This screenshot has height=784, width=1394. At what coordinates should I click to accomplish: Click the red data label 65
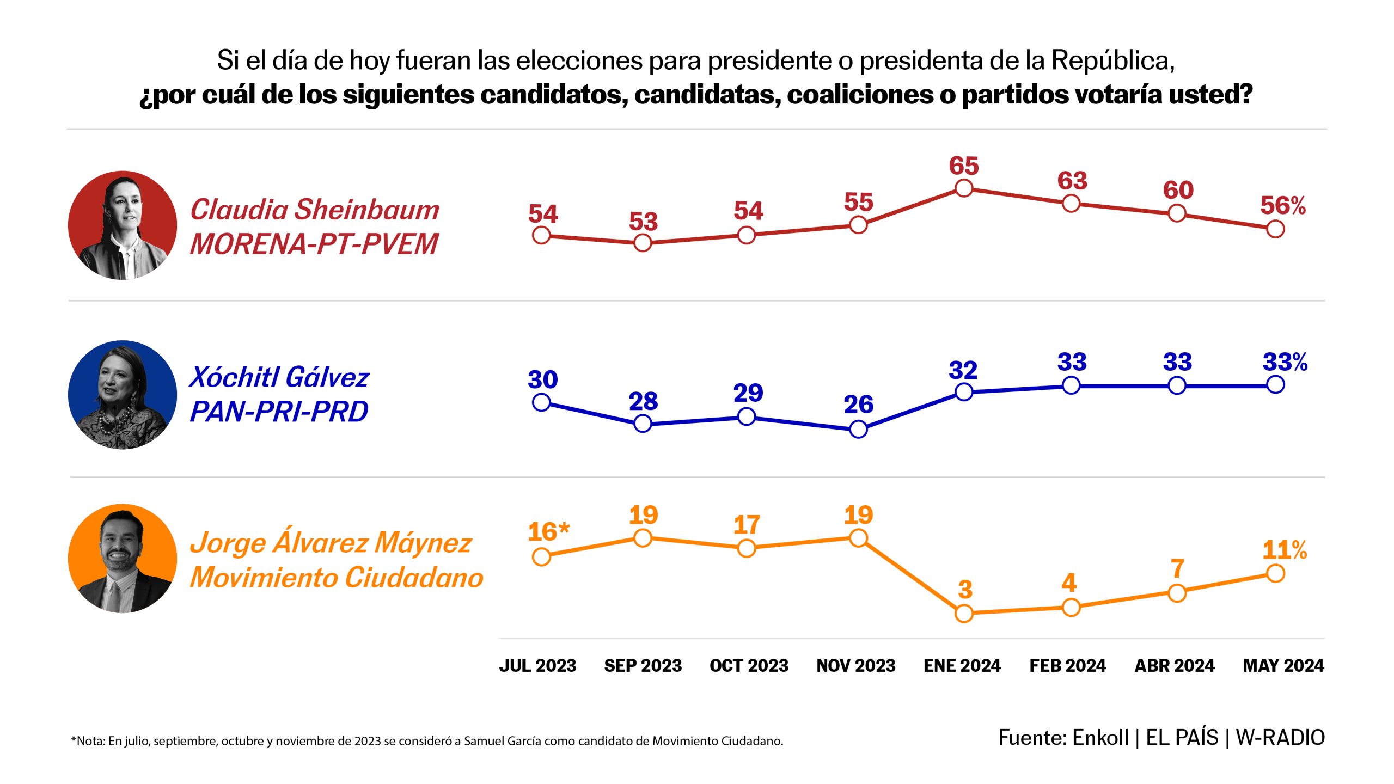963,166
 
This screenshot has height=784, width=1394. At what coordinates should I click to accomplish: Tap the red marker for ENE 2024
964,188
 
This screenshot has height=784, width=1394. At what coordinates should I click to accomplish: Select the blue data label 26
858,405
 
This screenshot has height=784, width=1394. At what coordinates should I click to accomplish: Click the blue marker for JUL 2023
541,402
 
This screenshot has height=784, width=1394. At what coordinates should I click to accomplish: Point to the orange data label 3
965,589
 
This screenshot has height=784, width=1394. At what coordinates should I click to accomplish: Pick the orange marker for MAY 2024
1275,573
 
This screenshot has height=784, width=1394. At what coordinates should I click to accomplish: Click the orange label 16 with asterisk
548,532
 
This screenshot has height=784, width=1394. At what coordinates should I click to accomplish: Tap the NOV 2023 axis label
855,665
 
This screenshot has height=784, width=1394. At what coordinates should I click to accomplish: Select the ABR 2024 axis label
1174,665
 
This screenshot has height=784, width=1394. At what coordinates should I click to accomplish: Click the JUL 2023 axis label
537,665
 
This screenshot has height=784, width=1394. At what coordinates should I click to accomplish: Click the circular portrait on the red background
123,225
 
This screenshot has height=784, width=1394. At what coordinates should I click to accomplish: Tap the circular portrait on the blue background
123,395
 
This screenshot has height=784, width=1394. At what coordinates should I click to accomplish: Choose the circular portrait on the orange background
123,559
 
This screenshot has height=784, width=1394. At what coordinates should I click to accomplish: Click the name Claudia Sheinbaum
314,210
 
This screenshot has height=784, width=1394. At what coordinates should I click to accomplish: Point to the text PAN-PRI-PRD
279,411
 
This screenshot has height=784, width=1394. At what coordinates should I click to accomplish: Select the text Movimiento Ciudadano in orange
337,577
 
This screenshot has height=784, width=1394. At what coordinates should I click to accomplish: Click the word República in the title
1112,60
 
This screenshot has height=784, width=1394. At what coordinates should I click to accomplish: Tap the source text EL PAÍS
1182,738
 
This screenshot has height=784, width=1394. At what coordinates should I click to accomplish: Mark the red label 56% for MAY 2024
1282,206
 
